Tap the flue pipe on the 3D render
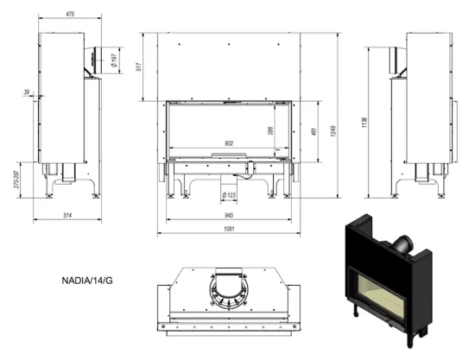[403, 245]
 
